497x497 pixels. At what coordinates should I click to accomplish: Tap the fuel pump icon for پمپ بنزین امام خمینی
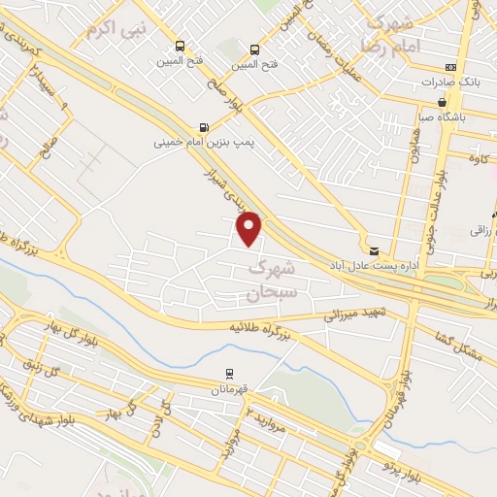(x=202, y=126)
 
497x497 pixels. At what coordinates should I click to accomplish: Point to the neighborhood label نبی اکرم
(x=116, y=28)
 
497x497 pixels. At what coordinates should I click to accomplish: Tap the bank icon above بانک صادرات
(x=449, y=66)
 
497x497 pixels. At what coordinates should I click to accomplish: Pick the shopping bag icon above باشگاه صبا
(x=443, y=102)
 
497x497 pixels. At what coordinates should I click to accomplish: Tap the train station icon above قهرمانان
(x=230, y=372)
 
